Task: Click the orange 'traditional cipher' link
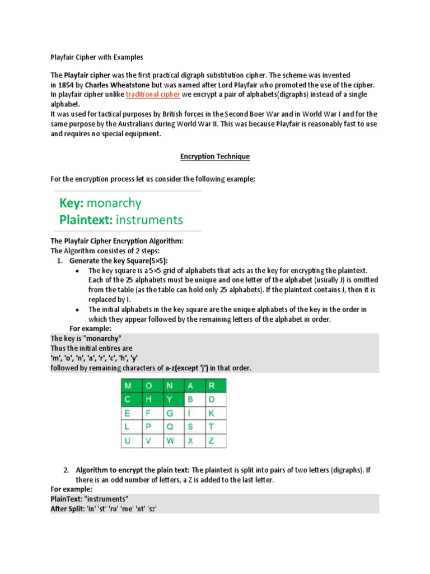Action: pos(153,95)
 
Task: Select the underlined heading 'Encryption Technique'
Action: pos(214,156)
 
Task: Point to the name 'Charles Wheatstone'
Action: pos(114,85)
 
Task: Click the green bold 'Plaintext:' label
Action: pos(91,220)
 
